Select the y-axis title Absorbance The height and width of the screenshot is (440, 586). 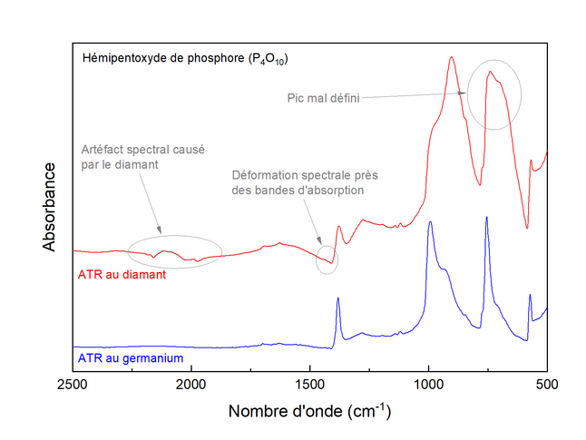(x=51, y=208)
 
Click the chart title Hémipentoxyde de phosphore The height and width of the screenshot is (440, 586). (x=185, y=59)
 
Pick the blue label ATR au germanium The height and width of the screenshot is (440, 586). (x=132, y=358)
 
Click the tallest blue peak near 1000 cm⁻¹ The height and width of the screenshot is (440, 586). (x=430, y=221)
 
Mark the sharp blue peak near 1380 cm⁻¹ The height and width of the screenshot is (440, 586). (x=338, y=298)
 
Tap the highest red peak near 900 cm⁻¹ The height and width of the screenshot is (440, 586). (x=452, y=57)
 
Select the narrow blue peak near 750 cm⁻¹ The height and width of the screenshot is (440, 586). (x=487, y=218)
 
